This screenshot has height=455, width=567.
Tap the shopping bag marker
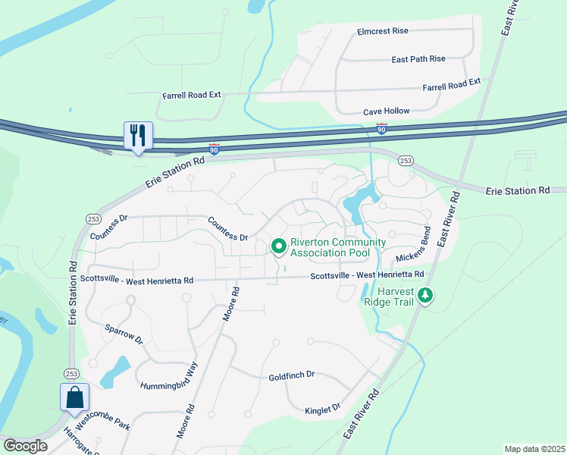74,397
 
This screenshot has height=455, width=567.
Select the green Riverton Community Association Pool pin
278,246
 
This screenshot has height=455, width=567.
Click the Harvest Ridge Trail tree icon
425,294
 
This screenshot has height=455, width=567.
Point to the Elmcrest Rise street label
382,31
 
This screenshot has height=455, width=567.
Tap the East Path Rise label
418,59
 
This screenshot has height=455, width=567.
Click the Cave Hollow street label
386,111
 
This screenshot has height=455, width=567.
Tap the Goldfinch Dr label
291,376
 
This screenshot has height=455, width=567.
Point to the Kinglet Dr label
323,409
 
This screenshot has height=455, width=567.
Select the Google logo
25,446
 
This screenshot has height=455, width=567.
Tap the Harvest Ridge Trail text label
391,295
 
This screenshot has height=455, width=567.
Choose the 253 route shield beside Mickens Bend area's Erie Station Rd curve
406,161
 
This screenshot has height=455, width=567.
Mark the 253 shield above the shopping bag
70,374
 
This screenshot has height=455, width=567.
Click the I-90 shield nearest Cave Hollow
381,130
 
